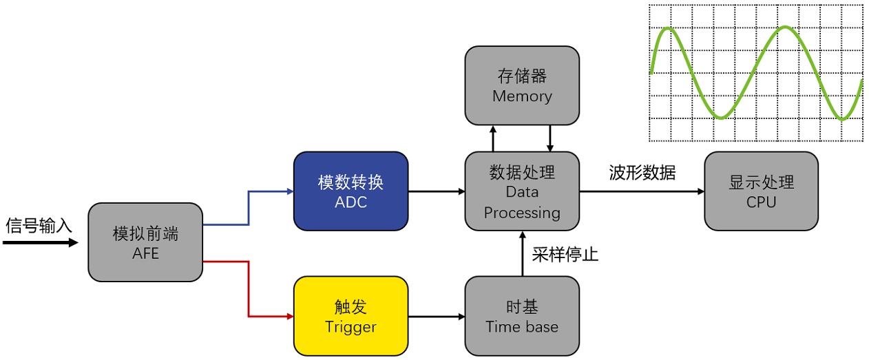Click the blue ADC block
pyautogui.click(x=350, y=191)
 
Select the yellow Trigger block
pyautogui.click(x=350, y=316)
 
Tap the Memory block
pyautogui.click(x=522, y=86)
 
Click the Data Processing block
pyautogui.click(x=522, y=191)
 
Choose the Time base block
pyautogui.click(x=522, y=316)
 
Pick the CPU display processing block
pyautogui.click(x=762, y=191)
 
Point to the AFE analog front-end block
pyautogui.click(x=145, y=242)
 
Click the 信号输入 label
pyautogui.click(x=39, y=225)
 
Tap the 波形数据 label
pyautogui.click(x=642, y=173)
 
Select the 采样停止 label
pyautogui.click(x=565, y=255)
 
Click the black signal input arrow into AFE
pyautogui.click(x=41, y=243)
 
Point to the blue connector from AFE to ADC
pyautogui.click(x=249, y=208)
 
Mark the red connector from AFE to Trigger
pyautogui.click(x=249, y=289)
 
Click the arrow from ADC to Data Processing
pyautogui.click(x=437, y=191)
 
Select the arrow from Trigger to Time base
pyautogui.click(x=437, y=317)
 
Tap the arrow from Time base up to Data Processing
pyautogui.click(x=523, y=254)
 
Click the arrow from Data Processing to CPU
pyautogui.click(x=642, y=191)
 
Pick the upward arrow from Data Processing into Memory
pyautogui.click(x=493, y=138)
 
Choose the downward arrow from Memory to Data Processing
pyautogui.click(x=549, y=138)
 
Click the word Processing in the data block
pyautogui.click(x=522, y=213)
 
